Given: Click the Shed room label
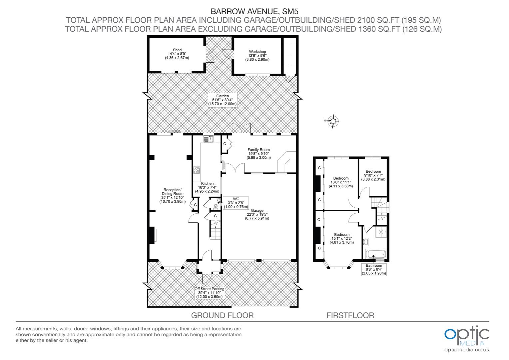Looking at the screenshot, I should point(177,54).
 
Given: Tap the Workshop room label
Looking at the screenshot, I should point(257,55).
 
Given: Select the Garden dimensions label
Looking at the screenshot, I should point(223,100).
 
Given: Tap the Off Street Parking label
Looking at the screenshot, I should point(210,293).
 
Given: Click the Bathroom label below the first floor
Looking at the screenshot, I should point(374,269).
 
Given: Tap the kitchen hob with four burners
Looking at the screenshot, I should point(197,171).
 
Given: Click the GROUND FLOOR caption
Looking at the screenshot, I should point(222,315).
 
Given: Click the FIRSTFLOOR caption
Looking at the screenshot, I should point(350,315).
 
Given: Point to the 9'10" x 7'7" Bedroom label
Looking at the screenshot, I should point(373,175).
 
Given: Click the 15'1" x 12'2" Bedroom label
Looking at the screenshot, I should point(340,238).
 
